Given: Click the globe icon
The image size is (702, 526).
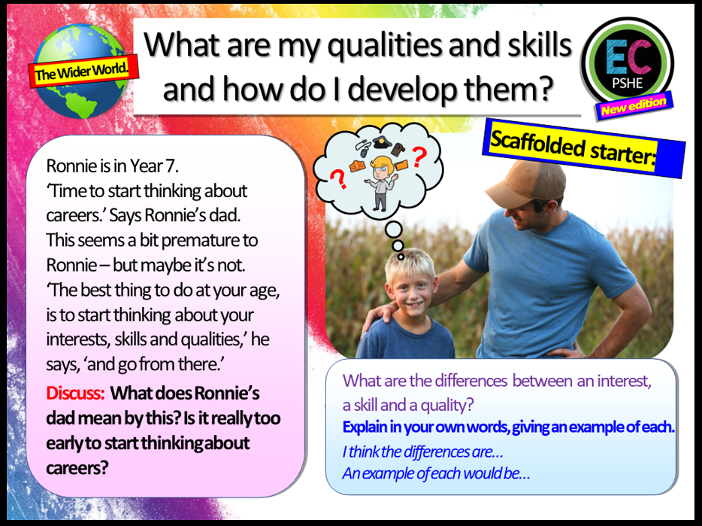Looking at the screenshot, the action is [80, 71].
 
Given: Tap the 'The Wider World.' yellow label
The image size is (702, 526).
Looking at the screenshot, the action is [83, 71].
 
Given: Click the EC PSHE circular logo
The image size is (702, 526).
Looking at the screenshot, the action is [628, 62].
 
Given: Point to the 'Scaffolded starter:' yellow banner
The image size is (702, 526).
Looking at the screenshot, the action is [583, 148].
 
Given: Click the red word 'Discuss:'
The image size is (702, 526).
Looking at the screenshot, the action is [75, 394].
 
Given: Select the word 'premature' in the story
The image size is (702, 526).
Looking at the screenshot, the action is [201, 241].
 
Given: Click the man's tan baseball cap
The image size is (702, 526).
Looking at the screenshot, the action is [527, 183].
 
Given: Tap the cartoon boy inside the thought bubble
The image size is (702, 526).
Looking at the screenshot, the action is [380, 182].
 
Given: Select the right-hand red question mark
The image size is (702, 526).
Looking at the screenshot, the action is [419, 157].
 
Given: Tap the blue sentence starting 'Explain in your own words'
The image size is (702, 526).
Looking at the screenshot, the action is [508, 427].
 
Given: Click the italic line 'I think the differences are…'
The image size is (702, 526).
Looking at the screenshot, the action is [422, 452].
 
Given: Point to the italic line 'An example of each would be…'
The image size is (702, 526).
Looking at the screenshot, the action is [436, 473].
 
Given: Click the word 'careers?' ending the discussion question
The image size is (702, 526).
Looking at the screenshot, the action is [77, 469].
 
